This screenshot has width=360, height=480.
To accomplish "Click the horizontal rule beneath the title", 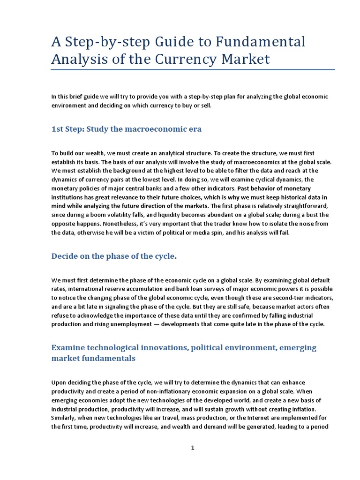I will (193, 70).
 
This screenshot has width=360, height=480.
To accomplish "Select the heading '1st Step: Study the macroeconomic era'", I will (126, 129).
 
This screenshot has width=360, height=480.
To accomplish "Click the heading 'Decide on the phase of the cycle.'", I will (114, 256).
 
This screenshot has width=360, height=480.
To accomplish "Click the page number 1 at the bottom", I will (192, 448).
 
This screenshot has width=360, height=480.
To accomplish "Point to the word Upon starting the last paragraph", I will (59, 383).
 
